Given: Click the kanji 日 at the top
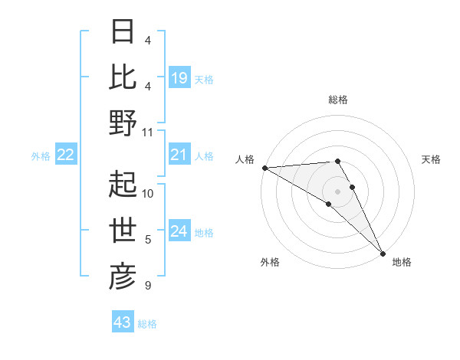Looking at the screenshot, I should pos(123,32).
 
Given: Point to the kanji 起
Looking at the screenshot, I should pos(123,184).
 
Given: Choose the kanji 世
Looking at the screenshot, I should pos(123,231).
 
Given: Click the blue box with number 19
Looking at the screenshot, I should pos(179,77).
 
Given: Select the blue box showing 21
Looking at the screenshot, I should pos(179,155).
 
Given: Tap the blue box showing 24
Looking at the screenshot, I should pos(179,232).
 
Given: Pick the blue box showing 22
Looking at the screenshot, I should pos(66,155).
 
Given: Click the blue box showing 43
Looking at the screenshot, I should pos(122,322).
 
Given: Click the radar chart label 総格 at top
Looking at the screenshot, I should pos(337,100).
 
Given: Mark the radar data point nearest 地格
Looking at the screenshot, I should pos(383,253).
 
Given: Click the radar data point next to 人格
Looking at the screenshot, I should pos(264,168).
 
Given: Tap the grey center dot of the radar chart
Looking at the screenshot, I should pos(337,191).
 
